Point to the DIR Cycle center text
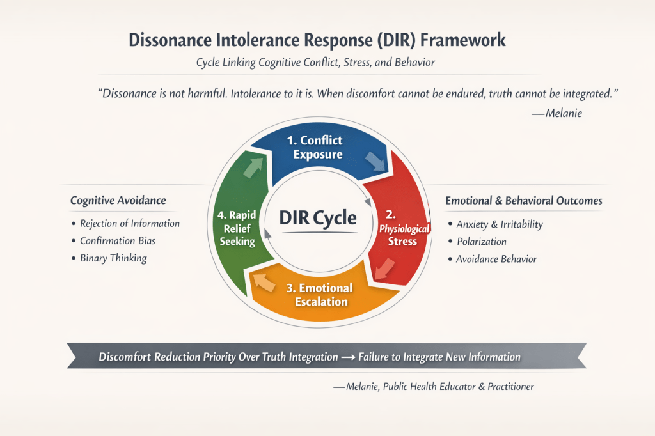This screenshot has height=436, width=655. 317,217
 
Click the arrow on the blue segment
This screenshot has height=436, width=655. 375,160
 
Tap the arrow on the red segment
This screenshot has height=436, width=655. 384,269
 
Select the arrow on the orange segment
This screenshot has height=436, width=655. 262,281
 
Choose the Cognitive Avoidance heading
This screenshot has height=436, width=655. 118,201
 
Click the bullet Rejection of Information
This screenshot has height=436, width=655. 129,224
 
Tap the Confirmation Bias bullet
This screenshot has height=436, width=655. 117,241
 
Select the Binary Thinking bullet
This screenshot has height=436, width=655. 113,258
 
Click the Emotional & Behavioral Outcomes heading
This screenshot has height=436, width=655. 523,201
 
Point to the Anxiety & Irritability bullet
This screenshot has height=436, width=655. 499,224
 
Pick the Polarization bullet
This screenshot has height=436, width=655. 481,242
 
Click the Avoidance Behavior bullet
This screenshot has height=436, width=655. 496,259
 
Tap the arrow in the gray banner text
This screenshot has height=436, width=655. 349,357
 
